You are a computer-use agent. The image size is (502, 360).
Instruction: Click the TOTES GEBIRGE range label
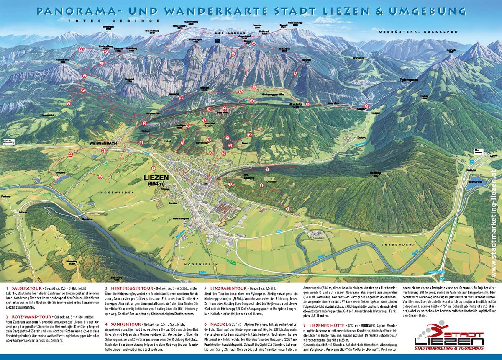(x=114, y=20)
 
